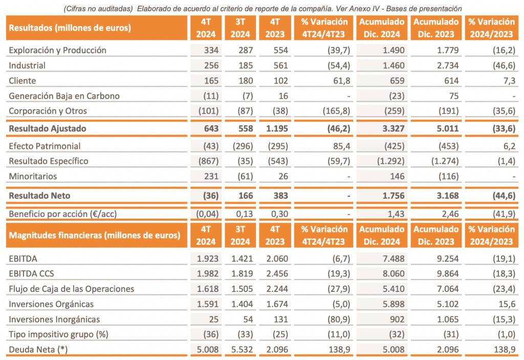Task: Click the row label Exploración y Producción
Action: point(58,50)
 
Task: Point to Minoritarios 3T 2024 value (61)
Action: point(241,176)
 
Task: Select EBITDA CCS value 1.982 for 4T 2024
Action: point(207,273)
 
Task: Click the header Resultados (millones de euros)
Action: point(70,28)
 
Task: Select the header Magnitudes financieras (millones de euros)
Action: point(95,236)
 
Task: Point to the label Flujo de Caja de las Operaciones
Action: point(72,289)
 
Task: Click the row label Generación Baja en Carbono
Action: point(64,96)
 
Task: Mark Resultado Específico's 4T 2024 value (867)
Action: point(208,161)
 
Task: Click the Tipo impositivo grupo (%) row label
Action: point(57,334)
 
